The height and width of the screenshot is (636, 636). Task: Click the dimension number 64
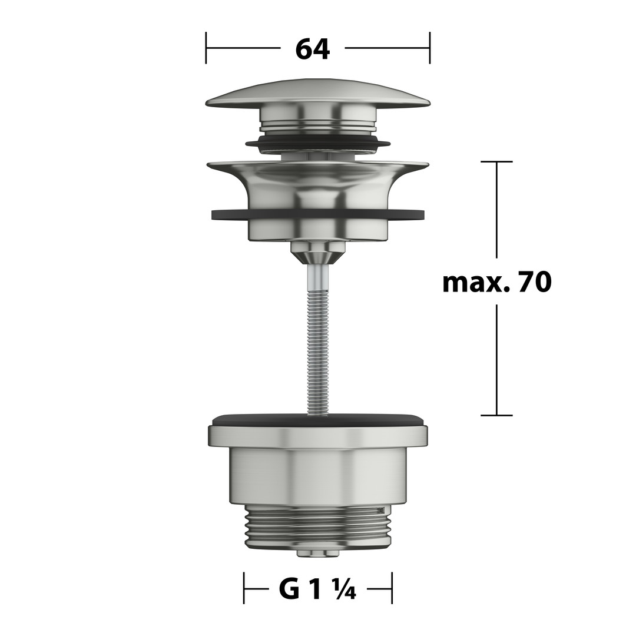pyautogui.click(x=312, y=49)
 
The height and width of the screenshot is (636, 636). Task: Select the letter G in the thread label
pyautogui.click(x=289, y=589)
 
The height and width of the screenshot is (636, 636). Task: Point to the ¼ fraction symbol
pyautogui.click(x=344, y=589)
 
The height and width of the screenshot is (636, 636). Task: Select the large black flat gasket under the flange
pyautogui.click(x=318, y=214)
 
